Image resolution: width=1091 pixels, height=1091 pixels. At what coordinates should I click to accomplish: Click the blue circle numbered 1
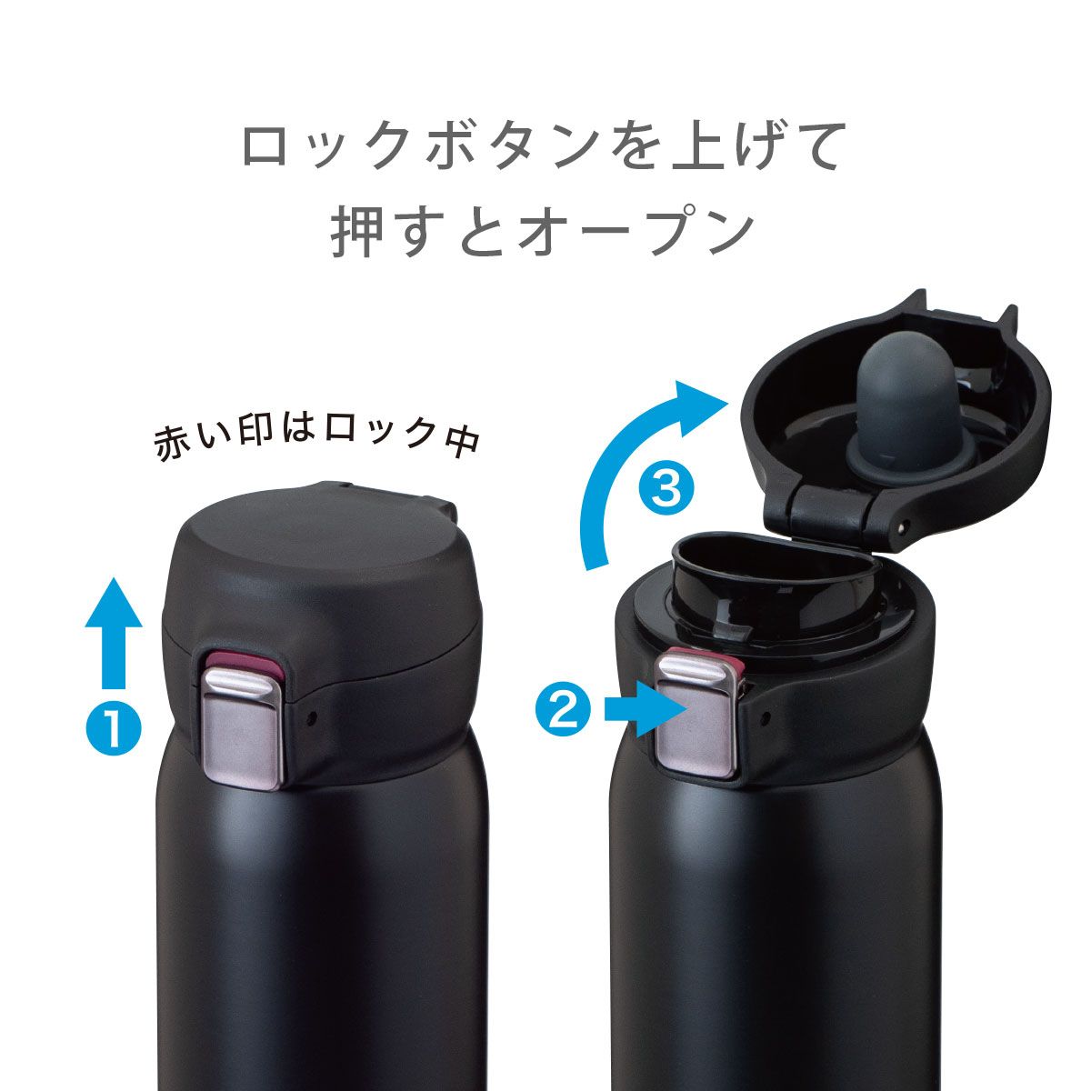pyautogui.click(x=114, y=727)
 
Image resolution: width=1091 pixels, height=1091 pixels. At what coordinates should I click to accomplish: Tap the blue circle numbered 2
pyautogui.click(x=563, y=710)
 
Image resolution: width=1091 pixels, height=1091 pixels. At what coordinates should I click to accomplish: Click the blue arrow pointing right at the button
pyautogui.click(x=646, y=708)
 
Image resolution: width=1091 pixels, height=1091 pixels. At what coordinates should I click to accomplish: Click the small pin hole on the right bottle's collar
pyautogui.click(x=766, y=718)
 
